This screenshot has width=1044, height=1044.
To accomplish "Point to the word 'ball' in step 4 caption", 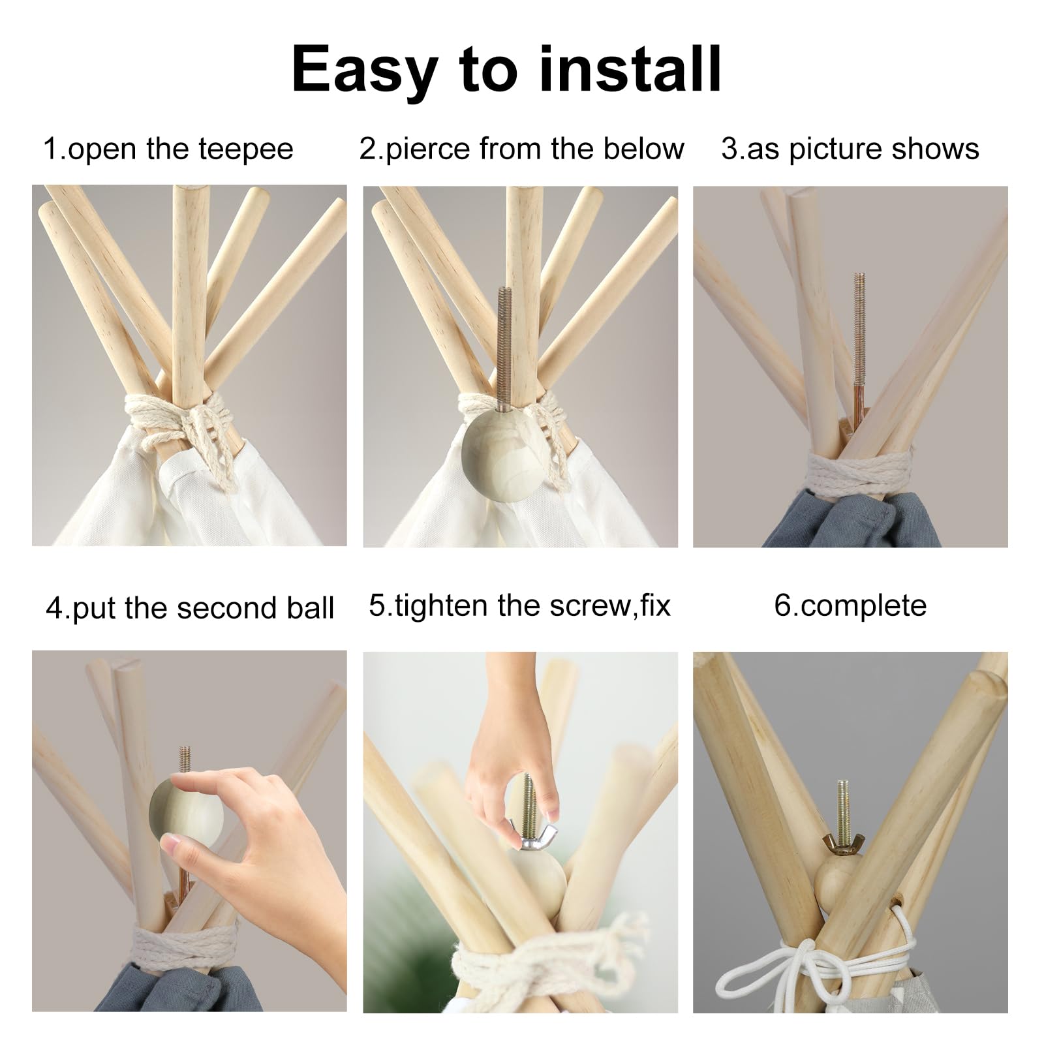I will (310, 607).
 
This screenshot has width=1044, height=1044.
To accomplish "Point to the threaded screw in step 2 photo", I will (505, 339).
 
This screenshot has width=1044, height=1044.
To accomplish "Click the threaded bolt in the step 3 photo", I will (859, 346).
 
